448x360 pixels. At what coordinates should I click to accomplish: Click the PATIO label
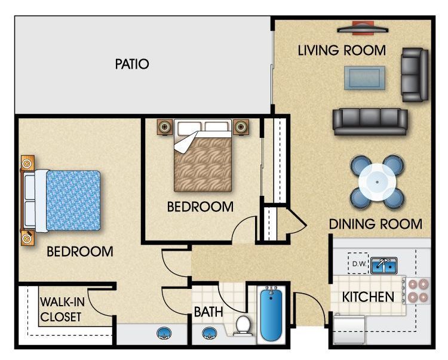132,64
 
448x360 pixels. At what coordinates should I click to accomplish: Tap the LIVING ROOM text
342,50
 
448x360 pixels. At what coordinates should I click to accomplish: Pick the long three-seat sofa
370,121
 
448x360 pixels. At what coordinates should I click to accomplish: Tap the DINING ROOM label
376,224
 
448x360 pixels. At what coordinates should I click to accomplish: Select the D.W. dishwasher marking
358,263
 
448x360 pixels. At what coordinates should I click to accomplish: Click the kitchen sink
384,265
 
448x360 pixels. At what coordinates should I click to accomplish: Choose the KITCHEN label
368,297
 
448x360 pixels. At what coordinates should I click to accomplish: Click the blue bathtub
271,314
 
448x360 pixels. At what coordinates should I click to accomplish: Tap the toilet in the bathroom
243,325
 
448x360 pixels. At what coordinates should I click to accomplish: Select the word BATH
208,312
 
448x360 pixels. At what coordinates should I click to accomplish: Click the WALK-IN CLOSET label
62,309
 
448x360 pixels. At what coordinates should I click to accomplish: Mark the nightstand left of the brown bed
165,127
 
